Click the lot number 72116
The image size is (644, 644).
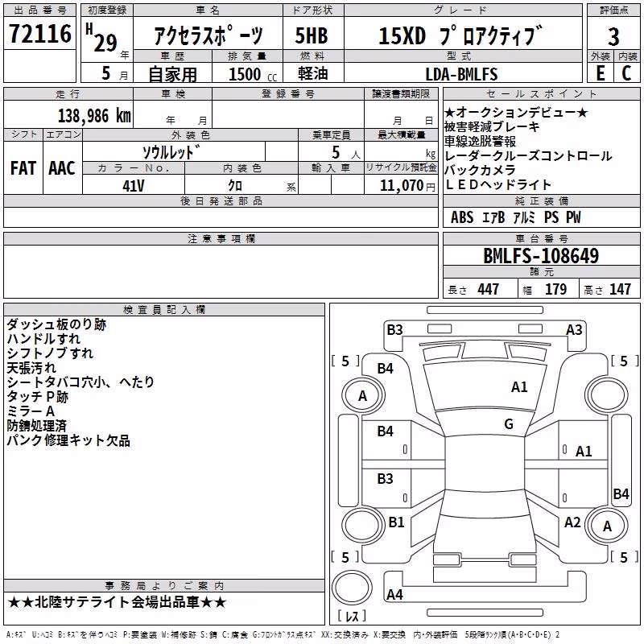point(39,34)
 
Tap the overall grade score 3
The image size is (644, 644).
point(613,37)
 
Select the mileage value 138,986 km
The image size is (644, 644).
point(94,116)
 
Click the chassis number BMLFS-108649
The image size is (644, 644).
point(541,256)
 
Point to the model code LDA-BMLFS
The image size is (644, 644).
point(461,74)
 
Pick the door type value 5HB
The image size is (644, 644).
point(312,35)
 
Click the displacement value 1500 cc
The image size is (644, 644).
point(253,74)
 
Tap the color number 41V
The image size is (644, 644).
point(134,186)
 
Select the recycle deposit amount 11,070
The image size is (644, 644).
point(402,186)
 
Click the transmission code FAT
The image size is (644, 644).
point(23,168)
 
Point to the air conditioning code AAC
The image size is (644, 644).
point(62,168)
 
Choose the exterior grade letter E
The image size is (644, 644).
point(601,73)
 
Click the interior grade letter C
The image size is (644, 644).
point(626,73)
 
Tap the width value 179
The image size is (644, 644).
point(555,289)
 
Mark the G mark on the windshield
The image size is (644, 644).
point(509,423)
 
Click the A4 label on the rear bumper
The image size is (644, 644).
point(394,594)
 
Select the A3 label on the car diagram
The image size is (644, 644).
point(574,330)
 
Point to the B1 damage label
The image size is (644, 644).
point(396,522)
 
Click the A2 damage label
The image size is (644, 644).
point(572,522)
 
